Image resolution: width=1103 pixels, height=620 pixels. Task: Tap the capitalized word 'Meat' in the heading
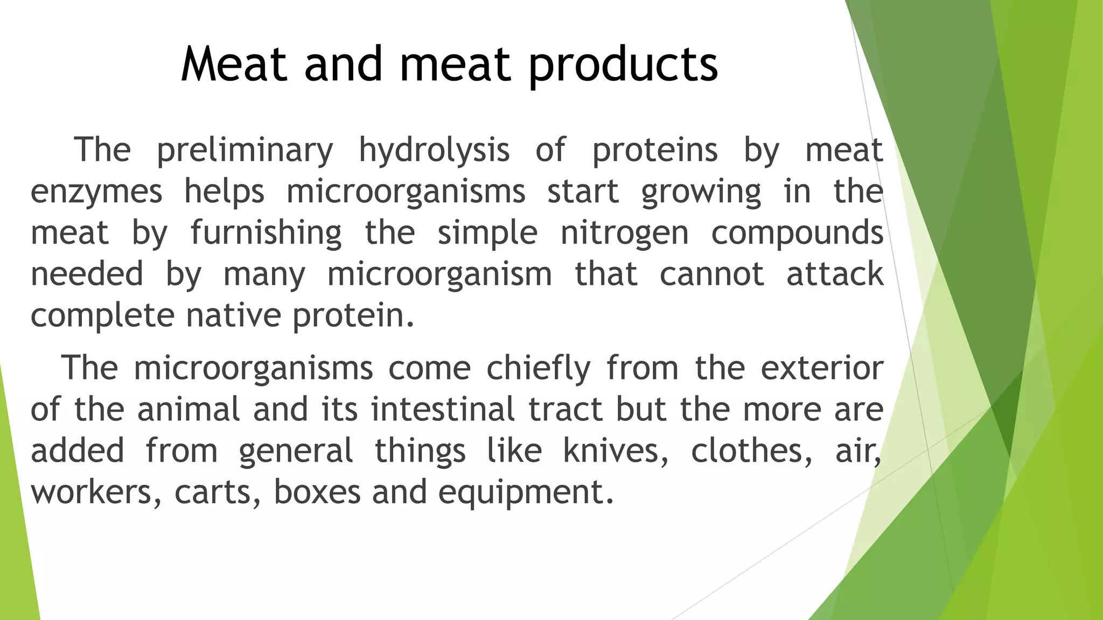(234, 65)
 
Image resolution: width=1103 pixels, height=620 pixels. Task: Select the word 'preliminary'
(245, 150)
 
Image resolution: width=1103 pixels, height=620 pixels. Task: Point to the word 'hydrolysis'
(434, 150)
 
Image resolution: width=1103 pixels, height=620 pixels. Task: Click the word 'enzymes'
(96, 192)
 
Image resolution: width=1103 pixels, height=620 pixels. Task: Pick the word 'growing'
(701, 192)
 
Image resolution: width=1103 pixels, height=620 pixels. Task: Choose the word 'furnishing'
(266, 233)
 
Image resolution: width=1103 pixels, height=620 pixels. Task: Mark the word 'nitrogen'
(625, 233)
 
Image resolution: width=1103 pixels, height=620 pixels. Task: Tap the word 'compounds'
(797, 233)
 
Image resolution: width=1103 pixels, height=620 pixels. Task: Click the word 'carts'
(214, 492)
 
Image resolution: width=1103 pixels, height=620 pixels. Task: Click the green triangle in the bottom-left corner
(16, 538)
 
